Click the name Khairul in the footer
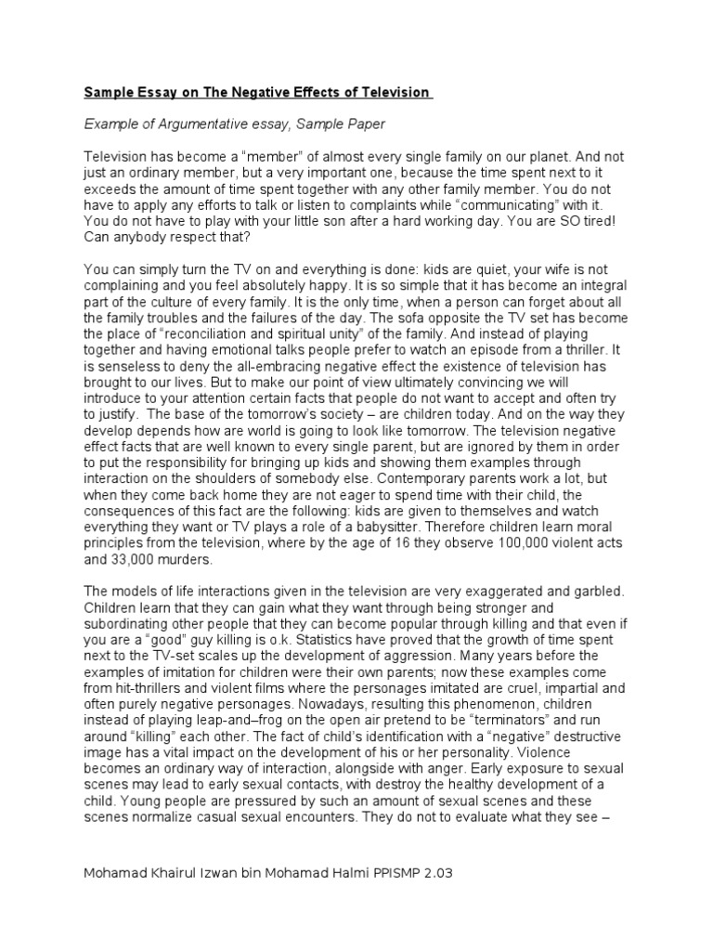click(173, 875)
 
